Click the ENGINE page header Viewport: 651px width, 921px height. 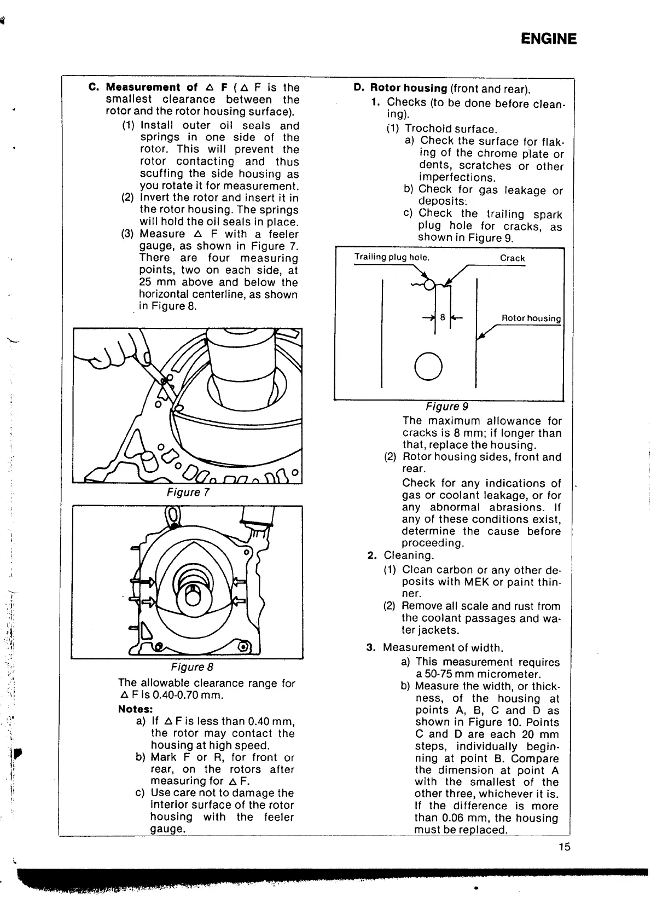(x=548, y=39)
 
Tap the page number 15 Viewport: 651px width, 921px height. (x=564, y=847)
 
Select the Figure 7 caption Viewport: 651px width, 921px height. (x=188, y=493)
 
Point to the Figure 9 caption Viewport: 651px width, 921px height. (x=447, y=407)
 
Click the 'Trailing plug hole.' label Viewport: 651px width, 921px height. (x=392, y=257)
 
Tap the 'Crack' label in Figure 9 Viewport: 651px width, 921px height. (x=512, y=258)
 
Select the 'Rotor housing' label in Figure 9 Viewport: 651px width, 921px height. (x=531, y=318)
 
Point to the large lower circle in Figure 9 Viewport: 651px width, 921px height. (x=428, y=366)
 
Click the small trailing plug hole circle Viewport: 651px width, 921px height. (x=430, y=284)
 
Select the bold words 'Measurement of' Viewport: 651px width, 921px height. (x=152, y=88)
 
